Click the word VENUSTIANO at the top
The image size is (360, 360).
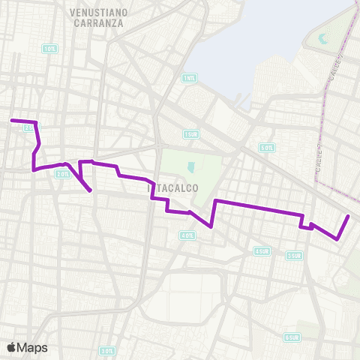click(98, 13)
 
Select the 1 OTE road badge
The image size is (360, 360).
click(50, 49)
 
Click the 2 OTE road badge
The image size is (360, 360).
click(62, 174)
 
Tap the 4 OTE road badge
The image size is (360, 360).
click(187, 235)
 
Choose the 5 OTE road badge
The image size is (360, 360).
click(266, 148)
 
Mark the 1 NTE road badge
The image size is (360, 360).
click(188, 77)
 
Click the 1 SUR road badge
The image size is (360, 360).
click(191, 134)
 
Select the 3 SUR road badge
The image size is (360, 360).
click(293, 255)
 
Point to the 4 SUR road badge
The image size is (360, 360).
click(262, 250)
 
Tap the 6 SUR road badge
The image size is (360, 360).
click(292, 338)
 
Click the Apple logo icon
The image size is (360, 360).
click(12, 347)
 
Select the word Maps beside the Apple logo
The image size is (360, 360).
click(32, 347)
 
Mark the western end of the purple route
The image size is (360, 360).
click(11, 120)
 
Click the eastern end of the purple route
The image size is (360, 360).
click(349, 216)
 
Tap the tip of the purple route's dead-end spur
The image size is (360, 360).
click(91, 191)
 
